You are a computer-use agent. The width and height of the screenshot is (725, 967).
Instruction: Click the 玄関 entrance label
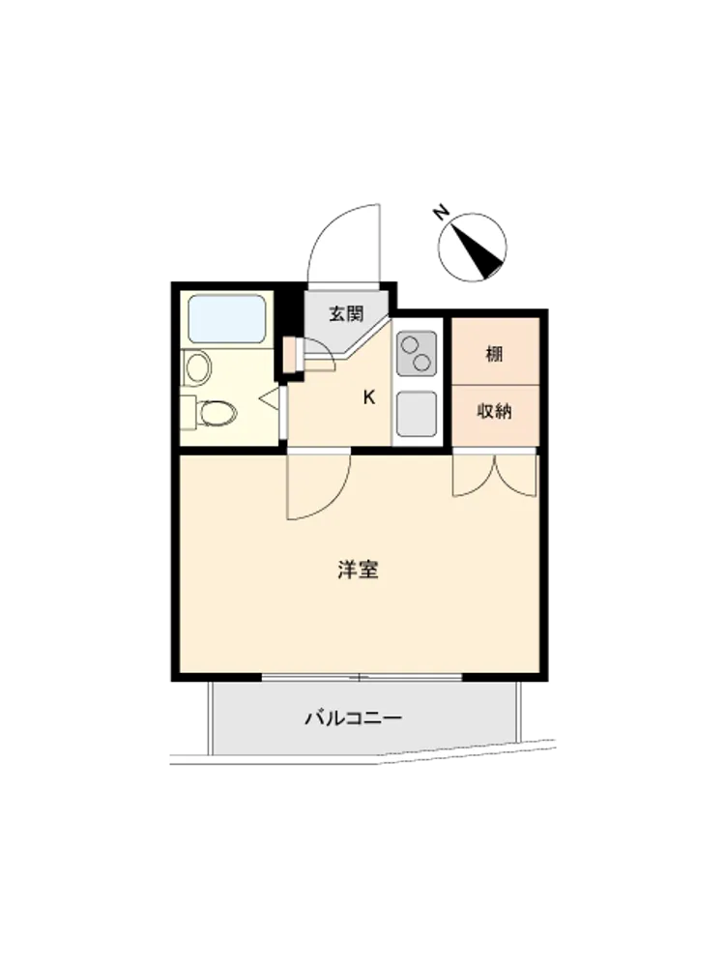click(x=346, y=314)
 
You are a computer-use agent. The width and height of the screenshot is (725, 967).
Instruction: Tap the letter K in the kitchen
click(x=368, y=397)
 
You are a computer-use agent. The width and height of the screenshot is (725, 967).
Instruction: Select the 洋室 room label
click(x=358, y=570)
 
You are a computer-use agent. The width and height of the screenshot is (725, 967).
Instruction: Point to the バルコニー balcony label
click(x=354, y=718)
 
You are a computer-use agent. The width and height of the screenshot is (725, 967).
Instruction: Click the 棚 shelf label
click(x=494, y=354)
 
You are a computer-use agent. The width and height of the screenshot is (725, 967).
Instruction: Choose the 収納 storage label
click(x=494, y=411)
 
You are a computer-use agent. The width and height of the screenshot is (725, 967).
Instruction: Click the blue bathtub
click(x=227, y=319)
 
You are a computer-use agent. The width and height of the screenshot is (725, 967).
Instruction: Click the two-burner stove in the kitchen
click(x=417, y=354)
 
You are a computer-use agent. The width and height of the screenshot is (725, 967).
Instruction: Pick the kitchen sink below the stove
click(x=417, y=413)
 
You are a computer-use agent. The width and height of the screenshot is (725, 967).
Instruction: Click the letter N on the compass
click(x=441, y=214)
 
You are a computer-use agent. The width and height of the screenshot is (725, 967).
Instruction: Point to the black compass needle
click(x=478, y=251)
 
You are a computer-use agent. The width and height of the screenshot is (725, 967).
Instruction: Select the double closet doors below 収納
click(x=495, y=476)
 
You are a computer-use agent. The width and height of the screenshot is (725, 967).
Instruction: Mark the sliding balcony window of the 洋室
click(x=362, y=678)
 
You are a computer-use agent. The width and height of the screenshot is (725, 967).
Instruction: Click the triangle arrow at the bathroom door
click(x=270, y=399)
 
